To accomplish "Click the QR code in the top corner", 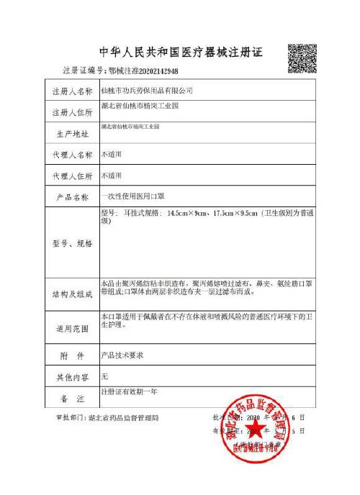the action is click(302, 58).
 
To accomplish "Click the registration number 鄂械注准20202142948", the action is click(143, 71).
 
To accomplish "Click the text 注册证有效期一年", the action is click(133, 393).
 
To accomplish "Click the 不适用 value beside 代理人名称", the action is click(112, 155).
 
